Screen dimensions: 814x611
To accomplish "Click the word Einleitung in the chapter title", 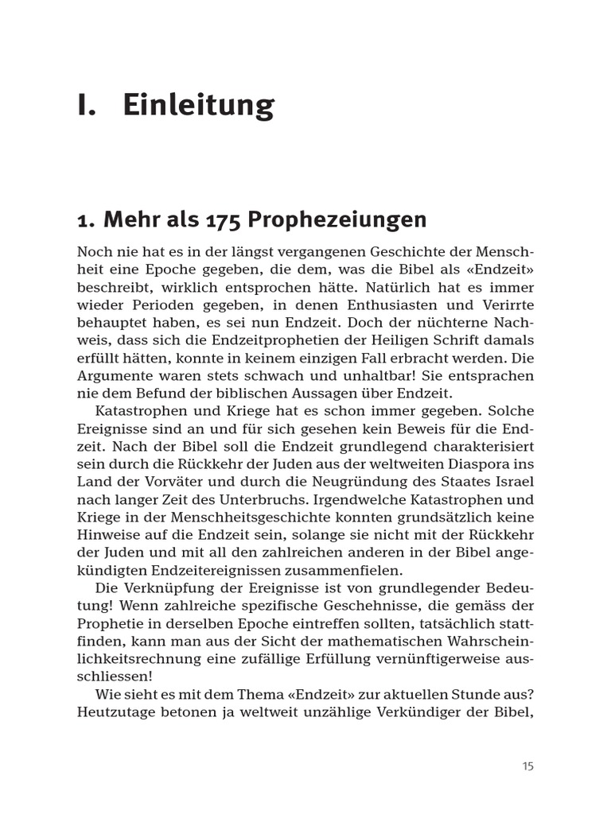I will click(199, 105).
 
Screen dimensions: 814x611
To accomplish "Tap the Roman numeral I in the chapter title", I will click(85, 105).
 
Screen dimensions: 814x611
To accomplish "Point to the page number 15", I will click(528, 766).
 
